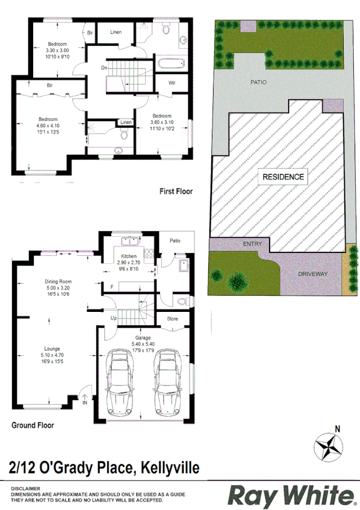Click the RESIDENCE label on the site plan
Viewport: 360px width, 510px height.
[282, 177]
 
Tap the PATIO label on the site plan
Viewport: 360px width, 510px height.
[259, 81]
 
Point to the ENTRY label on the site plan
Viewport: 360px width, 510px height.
[252, 244]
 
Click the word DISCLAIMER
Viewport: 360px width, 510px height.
[25, 489]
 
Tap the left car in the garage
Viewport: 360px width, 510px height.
[122, 384]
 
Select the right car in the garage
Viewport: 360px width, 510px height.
[167, 384]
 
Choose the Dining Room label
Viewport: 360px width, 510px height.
[58, 281]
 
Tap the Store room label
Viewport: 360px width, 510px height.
[172, 319]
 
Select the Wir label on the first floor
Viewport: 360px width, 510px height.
[172, 82]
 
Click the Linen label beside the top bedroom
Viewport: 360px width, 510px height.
[116, 32]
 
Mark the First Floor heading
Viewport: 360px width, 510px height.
[176, 191]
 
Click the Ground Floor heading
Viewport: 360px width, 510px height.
[33, 425]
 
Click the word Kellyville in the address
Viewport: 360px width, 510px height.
[170, 467]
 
